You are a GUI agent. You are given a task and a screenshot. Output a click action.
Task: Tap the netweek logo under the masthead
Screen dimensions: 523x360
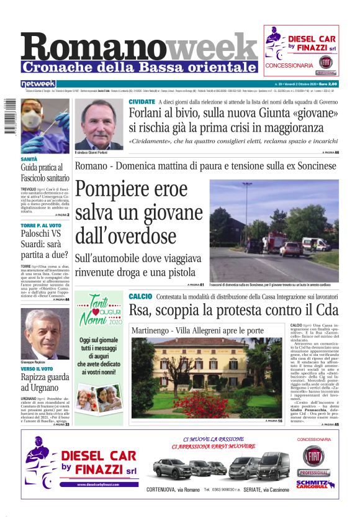click(x=38, y=84)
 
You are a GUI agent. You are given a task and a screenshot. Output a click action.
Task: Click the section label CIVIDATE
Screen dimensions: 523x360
click(x=142, y=101)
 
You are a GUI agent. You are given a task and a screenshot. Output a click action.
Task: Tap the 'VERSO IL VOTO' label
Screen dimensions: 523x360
click(x=38, y=369)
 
